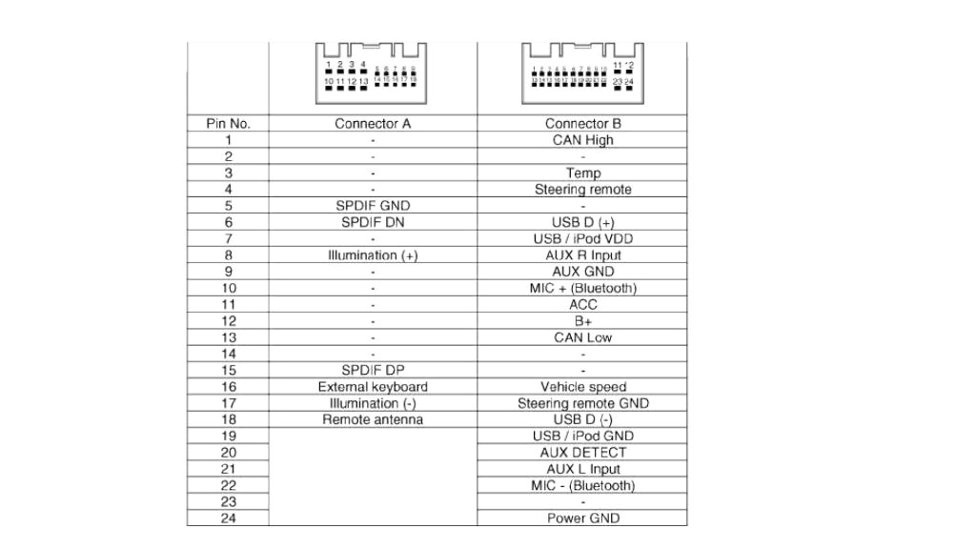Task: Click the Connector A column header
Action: point(373,124)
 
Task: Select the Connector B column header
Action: point(582,124)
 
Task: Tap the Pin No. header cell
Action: point(228,124)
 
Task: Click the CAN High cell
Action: point(582,140)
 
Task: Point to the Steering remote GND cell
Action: point(582,403)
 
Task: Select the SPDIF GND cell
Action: point(373,206)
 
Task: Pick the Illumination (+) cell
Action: point(373,255)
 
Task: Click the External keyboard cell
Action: point(373,387)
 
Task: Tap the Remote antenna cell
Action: point(373,419)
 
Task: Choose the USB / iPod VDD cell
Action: point(582,239)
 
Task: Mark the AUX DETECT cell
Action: point(582,453)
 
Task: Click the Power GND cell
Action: point(582,518)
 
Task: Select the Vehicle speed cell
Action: point(582,387)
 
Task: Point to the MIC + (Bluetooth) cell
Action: point(582,288)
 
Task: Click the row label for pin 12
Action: point(228,321)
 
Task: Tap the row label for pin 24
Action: point(228,518)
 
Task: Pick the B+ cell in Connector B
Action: point(582,321)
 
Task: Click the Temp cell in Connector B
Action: point(582,173)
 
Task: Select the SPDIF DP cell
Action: point(373,370)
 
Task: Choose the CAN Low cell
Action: point(582,337)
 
